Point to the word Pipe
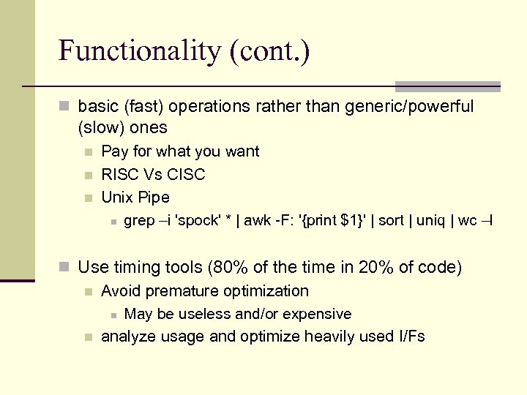point(154,197)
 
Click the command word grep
point(139,221)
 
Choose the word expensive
point(319,315)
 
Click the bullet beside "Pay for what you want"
point(88,152)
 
